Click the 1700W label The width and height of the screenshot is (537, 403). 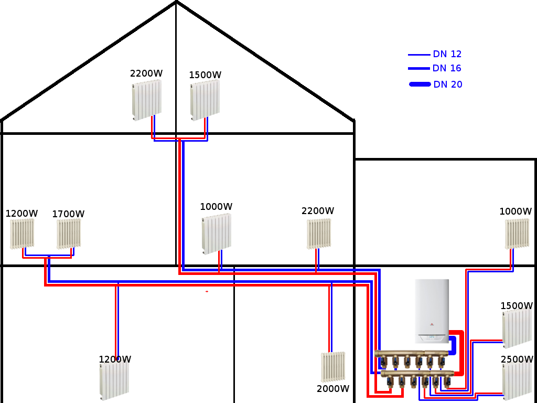pos(68,214)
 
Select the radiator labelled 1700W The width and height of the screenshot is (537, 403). pos(69,234)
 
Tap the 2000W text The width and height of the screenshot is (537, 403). pos(333,389)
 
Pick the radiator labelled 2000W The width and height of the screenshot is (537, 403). pos(333,366)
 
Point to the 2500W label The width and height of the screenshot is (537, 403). pos(517,359)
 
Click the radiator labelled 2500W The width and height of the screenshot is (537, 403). pos(518,382)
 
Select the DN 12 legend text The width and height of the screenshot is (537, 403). pos(447,54)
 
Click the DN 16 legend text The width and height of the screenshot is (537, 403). pos(447,68)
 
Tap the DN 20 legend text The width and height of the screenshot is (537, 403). pos(448,84)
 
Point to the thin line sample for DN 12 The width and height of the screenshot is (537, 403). pos(419,55)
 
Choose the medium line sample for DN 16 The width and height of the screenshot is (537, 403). pos(419,69)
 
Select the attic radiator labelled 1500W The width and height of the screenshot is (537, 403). pos(205,99)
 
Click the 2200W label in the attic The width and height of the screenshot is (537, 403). pos(146,73)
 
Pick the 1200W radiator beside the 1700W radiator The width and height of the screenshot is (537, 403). pos(22,234)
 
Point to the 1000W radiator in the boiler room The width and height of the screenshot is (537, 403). pos(517,234)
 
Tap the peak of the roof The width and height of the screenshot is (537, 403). pos(176,2)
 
